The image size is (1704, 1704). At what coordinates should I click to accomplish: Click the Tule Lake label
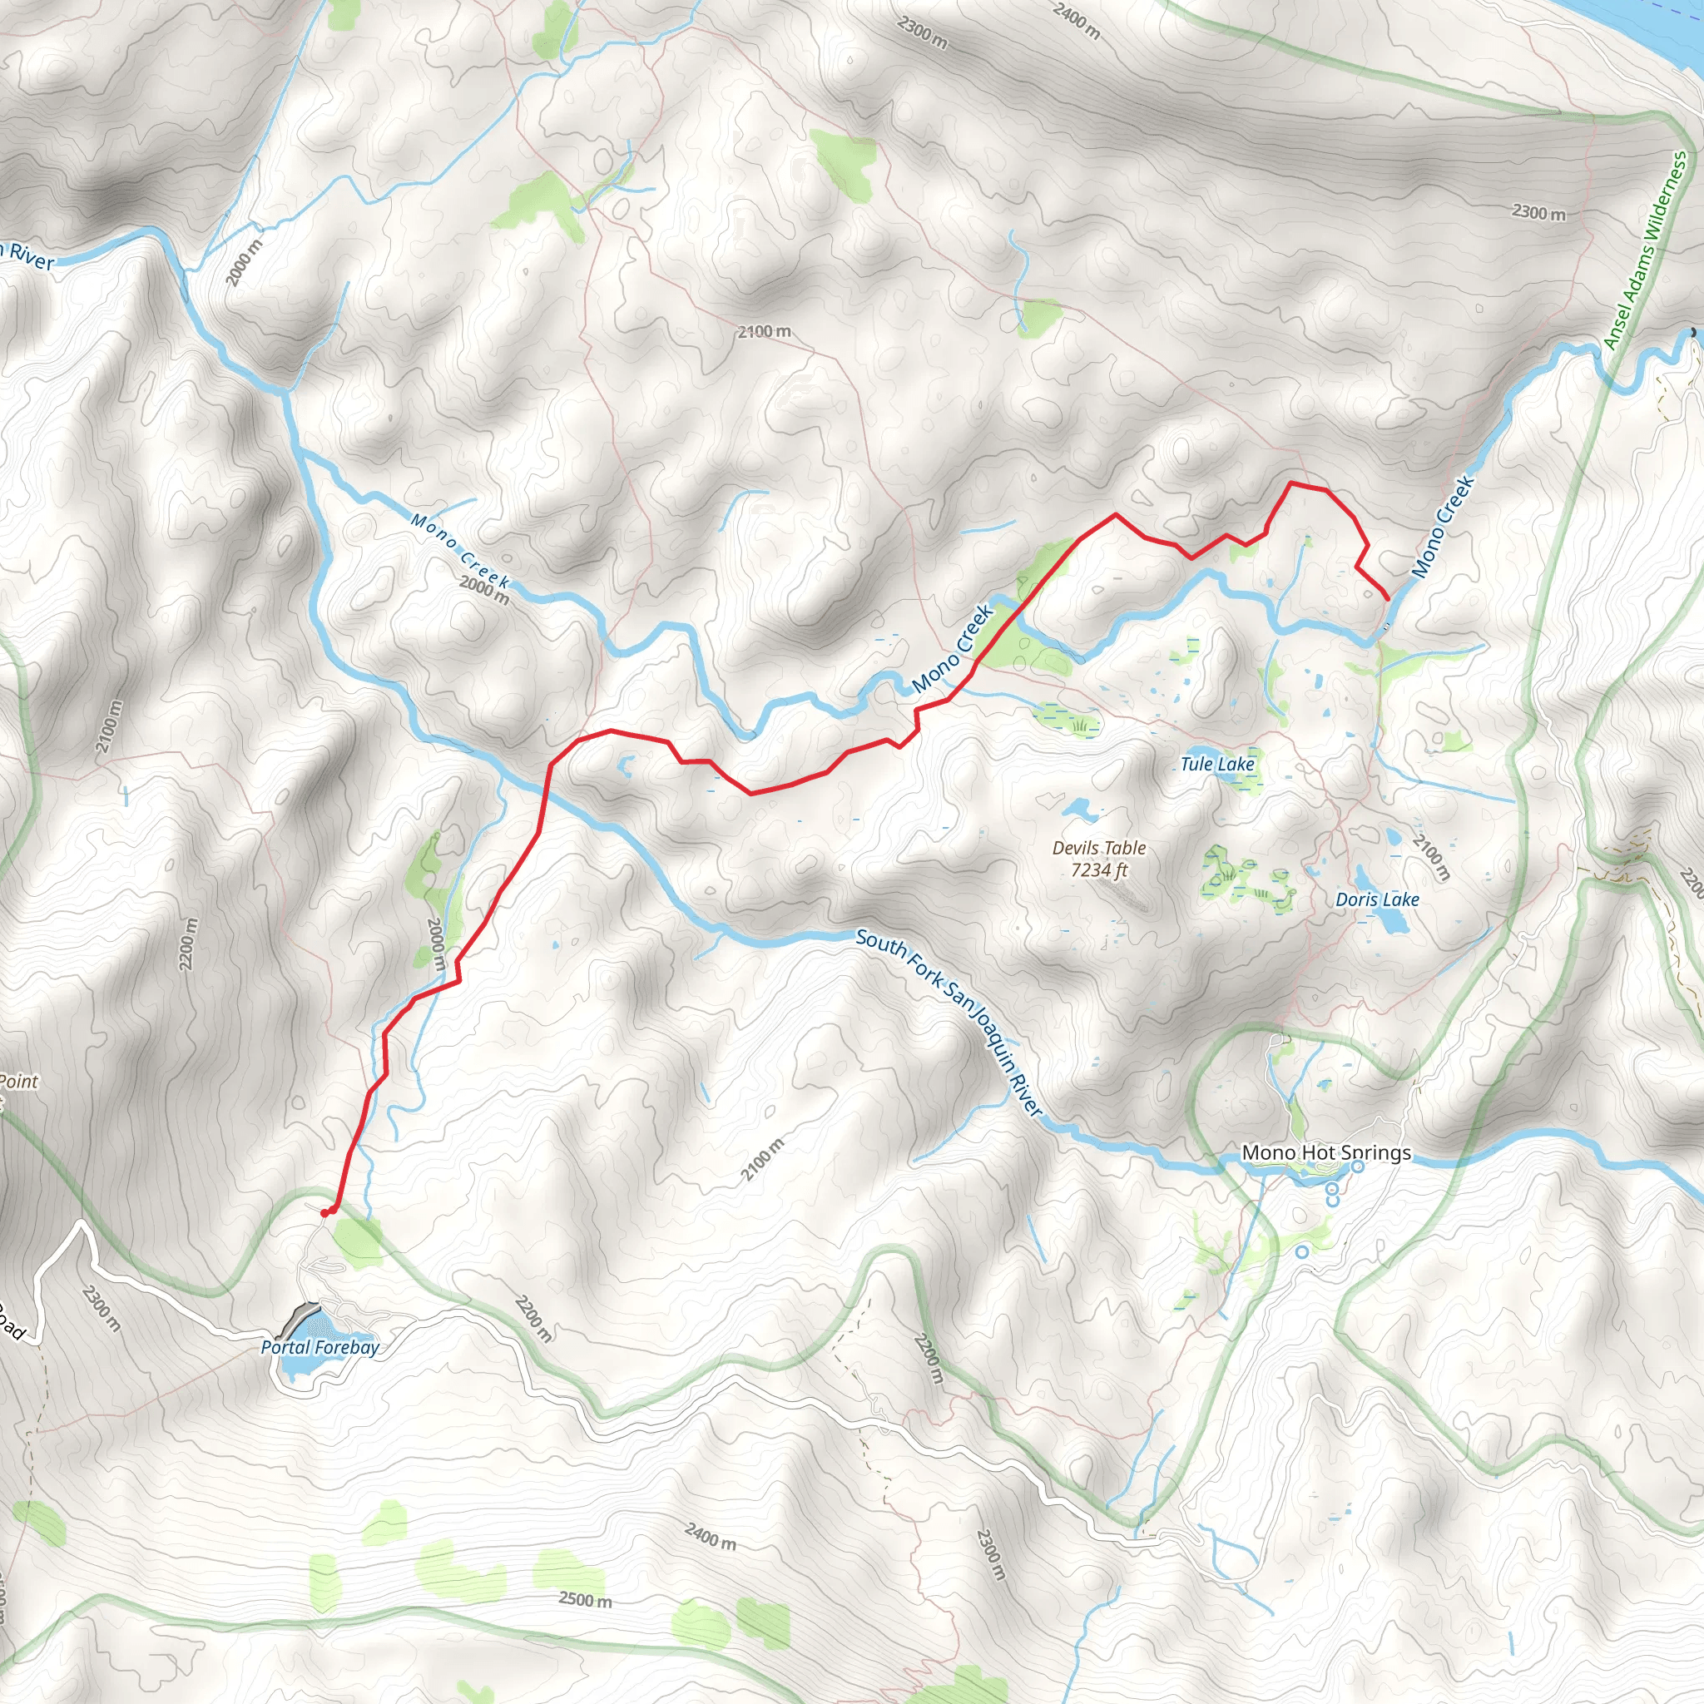coord(1217,764)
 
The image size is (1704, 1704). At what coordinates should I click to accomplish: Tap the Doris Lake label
coord(1377,899)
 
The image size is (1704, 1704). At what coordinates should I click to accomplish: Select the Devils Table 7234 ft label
coord(1099,858)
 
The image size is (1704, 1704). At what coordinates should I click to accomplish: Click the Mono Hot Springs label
coord(1325,1152)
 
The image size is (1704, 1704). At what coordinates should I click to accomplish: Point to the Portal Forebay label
coord(320,1347)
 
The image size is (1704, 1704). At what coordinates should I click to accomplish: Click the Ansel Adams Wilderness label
coord(1645,250)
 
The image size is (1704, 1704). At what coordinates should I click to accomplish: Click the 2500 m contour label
coord(585,1599)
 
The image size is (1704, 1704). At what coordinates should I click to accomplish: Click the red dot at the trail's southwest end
coord(325,1213)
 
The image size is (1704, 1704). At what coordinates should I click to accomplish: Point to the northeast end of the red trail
coord(1389,600)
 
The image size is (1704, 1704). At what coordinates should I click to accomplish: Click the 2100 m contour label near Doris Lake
coord(1430,856)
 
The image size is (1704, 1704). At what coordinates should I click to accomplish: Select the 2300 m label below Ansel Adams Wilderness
coord(1539,212)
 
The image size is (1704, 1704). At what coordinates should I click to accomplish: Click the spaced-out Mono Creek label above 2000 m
coord(459,550)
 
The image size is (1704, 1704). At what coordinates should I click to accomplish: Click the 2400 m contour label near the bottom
coord(710,1537)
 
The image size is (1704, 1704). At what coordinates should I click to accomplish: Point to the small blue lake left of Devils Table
coord(1076,808)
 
